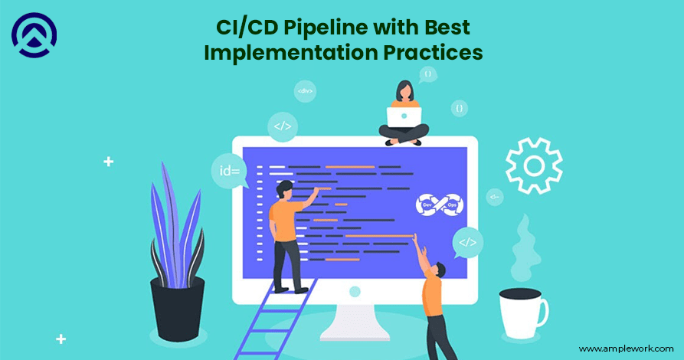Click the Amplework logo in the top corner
[34, 34]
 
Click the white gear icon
[533, 165]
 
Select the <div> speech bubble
[305, 91]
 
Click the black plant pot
[177, 306]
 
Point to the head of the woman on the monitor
[404, 91]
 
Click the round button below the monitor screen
[354, 292]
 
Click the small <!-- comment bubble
[496, 197]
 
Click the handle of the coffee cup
[542, 310]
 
